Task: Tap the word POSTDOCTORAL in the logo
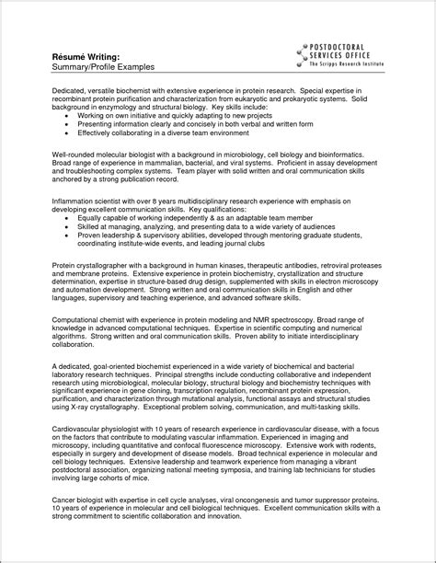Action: (x=349, y=44)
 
